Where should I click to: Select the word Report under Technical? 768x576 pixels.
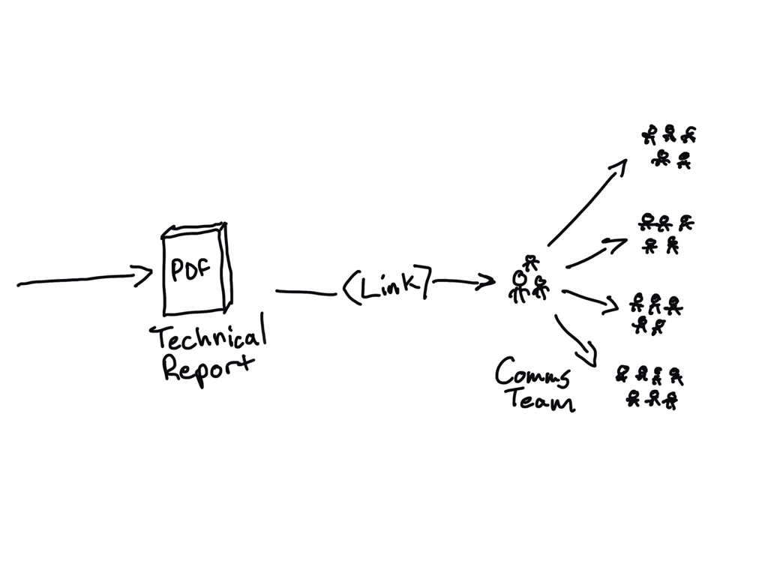208,369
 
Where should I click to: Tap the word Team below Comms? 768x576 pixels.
541,400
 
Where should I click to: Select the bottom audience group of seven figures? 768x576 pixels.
650,386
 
